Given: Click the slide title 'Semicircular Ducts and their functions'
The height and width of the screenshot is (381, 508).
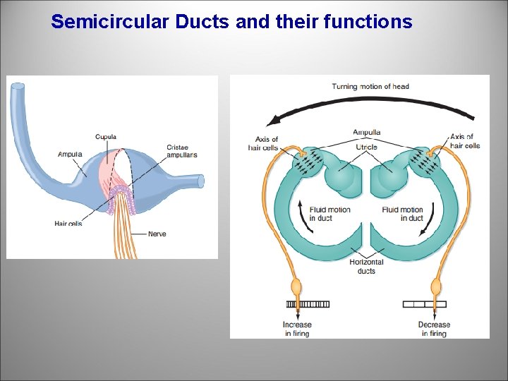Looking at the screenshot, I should click(231, 22).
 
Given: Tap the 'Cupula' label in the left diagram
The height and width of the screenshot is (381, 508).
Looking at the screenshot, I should click(106, 137).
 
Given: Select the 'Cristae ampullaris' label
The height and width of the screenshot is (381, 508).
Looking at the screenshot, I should click(181, 151).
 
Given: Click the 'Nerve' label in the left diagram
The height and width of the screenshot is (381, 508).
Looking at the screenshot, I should click(157, 234).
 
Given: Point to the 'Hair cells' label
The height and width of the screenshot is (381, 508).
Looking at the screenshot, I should click(68, 224).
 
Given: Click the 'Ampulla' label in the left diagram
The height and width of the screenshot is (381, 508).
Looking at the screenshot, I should click(71, 154).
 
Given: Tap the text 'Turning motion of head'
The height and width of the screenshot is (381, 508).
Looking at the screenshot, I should click(370, 87).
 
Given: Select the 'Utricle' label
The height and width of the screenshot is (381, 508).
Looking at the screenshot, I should click(366, 147).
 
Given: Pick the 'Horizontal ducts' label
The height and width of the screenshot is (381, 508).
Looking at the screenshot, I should click(366, 266).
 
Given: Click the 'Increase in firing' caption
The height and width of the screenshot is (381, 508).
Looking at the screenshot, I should click(297, 329).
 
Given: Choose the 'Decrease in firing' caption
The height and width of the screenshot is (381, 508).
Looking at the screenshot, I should click(433, 329).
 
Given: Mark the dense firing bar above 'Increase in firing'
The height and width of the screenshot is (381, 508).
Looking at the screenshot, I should click(308, 304).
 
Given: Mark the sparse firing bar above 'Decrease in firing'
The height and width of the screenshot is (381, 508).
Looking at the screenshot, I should click(425, 304).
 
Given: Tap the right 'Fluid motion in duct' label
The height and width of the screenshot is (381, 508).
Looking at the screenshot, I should click(402, 214).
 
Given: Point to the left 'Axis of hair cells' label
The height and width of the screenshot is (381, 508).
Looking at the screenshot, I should click(263, 143).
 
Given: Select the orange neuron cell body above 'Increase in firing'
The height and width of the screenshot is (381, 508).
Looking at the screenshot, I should click(297, 287).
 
